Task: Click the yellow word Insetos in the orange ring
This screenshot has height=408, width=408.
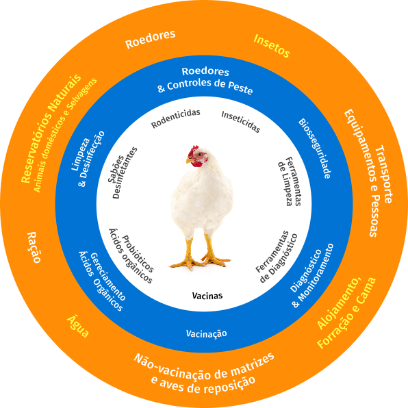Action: pos(272,46)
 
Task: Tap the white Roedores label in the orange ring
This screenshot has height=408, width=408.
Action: pos(151,39)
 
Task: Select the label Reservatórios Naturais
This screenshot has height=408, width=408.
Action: pos(51,128)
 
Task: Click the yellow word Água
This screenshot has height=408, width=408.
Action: pos(78,327)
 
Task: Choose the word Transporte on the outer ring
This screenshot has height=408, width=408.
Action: pos(383,175)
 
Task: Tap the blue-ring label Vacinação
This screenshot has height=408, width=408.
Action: pos(206,333)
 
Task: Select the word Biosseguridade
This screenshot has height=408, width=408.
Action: pos(315,149)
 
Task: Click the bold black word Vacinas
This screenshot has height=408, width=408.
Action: pos(207,296)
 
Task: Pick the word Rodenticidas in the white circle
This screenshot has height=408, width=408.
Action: pos(176,118)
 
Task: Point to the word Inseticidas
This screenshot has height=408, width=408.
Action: pos(241,122)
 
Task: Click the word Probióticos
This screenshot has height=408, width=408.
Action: pos(138,253)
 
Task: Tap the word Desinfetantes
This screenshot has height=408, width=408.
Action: pos(125,173)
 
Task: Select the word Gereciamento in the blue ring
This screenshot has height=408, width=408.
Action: pos(107,277)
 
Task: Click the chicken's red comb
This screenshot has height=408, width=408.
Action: pos(193,151)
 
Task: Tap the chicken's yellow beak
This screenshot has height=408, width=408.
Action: pos(190,161)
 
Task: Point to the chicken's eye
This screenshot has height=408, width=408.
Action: pos(200,155)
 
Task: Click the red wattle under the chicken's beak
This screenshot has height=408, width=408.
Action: pos(197,164)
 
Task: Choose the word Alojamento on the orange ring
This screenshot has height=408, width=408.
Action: pos(339,303)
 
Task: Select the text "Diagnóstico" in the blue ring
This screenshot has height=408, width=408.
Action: pos(306,270)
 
